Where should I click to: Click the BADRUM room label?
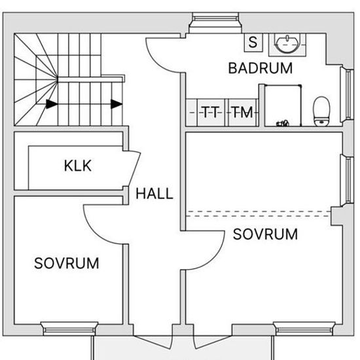click(x=261, y=68)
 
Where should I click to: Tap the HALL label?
click(x=154, y=194)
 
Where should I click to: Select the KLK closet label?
click(x=78, y=166)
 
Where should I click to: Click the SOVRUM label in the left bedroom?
click(x=67, y=263)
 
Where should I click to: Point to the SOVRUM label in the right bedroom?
click(x=265, y=234)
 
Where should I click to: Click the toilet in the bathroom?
click(x=321, y=111)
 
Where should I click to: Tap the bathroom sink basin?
click(x=287, y=44)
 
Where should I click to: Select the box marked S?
click(x=253, y=43)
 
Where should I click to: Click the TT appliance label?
click(x=211, y=113)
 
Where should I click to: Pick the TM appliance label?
click(x=243, y=113)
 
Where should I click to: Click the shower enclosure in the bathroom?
click(x=283, y=105)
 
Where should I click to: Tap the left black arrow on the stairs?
click(x=52, y=104)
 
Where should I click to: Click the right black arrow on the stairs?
click(x=117, y=104)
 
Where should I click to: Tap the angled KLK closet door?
click(x=135, y=169)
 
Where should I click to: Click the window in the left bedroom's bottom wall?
click(x=69, y=329)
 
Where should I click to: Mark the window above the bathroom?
click(x=215, y=22)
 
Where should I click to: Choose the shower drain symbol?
click(x=282, y=124)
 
